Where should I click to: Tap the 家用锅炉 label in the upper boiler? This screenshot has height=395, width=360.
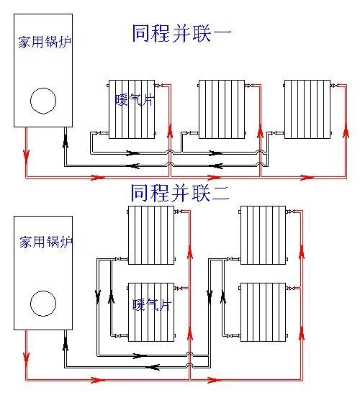pos(42,42)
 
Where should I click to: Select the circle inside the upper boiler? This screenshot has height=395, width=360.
pos(43,100)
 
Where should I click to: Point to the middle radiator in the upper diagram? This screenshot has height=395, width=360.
pos(222,109)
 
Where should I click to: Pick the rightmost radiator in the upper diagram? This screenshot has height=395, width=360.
pos(307,109)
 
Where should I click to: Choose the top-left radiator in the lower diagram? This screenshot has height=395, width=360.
pos(150,234)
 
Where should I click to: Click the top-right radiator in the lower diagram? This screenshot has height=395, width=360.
pos(263,234)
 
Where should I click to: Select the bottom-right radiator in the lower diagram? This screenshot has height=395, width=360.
pos(263,312)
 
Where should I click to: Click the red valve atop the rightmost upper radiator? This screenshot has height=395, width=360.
pos(335,86)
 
